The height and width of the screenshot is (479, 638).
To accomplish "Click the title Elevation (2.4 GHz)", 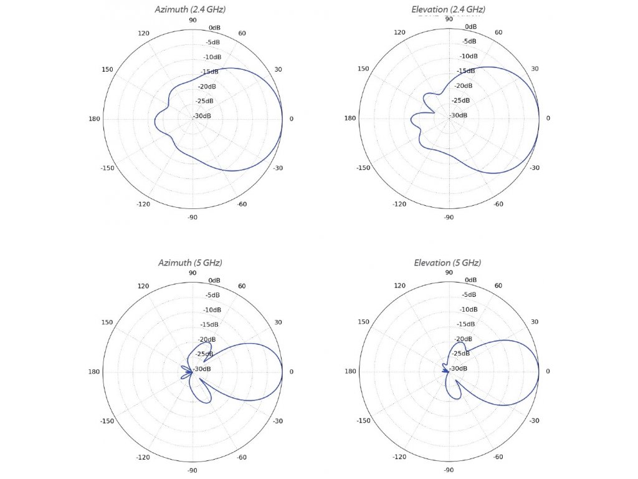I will click(448, 9).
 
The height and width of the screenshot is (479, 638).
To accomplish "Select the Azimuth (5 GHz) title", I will click(190, 263).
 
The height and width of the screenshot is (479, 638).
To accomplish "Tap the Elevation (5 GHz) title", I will click(447, 263).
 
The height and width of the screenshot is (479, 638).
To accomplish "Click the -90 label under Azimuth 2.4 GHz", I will click(192, 217).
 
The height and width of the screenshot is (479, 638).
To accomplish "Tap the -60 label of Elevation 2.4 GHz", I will click(498, 204).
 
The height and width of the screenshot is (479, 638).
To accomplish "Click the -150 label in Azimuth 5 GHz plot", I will click(107, 421).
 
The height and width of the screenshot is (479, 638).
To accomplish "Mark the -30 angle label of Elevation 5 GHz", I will click(534, 421).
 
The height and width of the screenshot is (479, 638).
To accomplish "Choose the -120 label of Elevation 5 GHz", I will click(399, 457).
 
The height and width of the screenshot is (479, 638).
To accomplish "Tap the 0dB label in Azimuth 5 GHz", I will click(214, 281).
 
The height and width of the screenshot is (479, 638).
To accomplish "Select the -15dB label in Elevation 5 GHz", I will click(466, 324).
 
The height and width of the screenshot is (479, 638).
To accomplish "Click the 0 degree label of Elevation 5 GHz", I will click(548, 372).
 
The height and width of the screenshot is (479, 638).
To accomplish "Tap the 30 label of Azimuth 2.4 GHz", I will click(277, 69).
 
